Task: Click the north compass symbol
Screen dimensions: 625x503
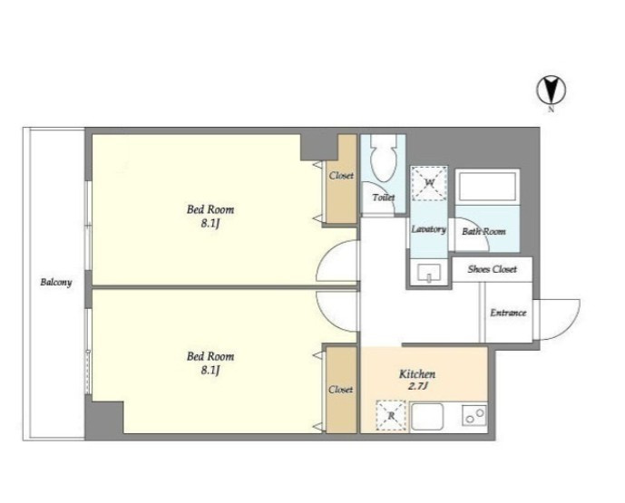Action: [552, 92]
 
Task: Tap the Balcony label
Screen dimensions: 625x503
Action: [56, 283]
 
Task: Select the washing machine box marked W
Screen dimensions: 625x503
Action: [429, 183]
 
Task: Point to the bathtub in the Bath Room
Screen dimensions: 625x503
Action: [487, 187]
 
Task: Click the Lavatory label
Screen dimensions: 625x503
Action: [428, 229]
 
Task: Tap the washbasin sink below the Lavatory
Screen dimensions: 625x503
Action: [429, 273]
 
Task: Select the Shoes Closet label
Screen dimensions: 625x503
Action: [493, 269]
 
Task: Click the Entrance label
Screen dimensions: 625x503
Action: [508, 313]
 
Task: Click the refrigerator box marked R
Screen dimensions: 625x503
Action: [392, 416]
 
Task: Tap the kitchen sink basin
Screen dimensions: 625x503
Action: [427, 417]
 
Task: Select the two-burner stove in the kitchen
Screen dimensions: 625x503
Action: [474, 416]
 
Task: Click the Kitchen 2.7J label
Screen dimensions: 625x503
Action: [417, 380]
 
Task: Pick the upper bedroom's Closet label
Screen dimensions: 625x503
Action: [341, 175]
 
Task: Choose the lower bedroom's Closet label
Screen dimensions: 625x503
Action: [341, 389]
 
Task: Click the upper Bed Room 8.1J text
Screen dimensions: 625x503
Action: [210, 217]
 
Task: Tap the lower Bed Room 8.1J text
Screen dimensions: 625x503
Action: [210, 363]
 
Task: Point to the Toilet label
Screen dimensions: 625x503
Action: [384, 198]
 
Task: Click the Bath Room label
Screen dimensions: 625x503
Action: [483, 231]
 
